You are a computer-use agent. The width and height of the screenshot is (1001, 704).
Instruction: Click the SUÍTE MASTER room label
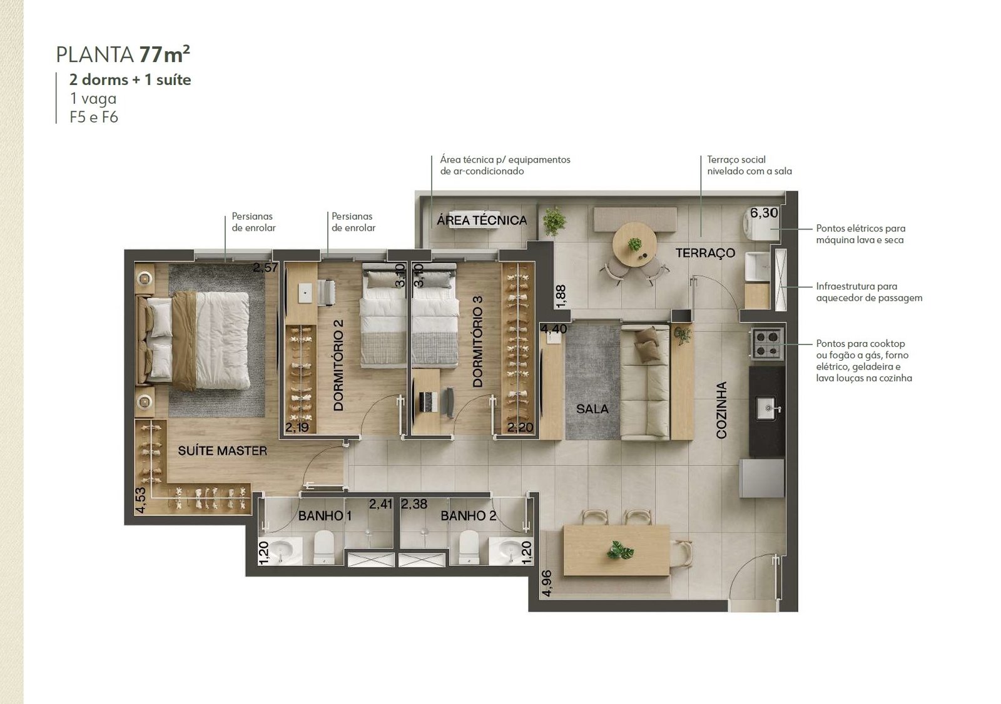[223, 451]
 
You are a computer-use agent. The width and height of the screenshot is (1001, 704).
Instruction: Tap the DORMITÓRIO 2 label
[338, 365]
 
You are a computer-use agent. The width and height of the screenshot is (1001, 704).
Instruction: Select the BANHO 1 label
[325, 516]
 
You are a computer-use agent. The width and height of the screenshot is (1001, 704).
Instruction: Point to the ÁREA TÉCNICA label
[482, 220]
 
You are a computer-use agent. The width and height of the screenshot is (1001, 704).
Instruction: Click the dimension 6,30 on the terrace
[764, 213]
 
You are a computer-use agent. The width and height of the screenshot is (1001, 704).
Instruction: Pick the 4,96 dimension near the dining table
[547, 583]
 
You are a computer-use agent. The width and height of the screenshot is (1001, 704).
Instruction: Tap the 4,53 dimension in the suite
[140, 500]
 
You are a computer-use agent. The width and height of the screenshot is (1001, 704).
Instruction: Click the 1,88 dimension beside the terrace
[561, 296]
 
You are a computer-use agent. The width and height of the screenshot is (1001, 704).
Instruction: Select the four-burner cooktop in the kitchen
[767, 343]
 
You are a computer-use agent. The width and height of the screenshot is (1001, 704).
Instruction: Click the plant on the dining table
[620, 550]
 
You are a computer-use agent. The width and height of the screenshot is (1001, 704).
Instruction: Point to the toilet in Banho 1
[324, 547]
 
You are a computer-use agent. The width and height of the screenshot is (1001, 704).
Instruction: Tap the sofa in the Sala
[645, 383]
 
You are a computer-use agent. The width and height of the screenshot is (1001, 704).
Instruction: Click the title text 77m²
[165, 54]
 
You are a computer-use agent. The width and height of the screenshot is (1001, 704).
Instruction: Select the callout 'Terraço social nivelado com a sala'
[749, 165]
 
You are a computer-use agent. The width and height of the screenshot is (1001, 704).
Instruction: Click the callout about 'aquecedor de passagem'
[869, 292]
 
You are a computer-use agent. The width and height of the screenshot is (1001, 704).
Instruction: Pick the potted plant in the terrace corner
[554, 221]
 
